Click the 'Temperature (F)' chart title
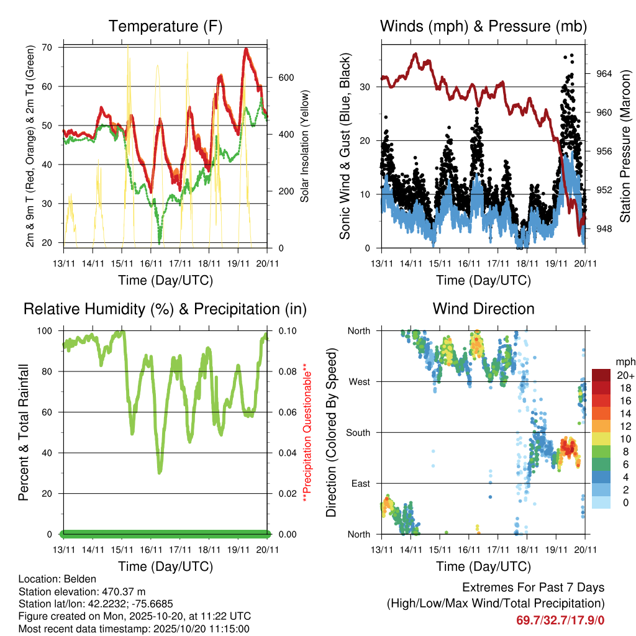coord(165,27)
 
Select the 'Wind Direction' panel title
coord(483,309)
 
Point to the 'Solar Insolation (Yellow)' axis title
coord(305,147)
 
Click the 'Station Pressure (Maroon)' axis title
coord(625,147)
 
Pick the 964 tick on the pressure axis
coord(604,74)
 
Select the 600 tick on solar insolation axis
coord(286,78)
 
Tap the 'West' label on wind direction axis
coord(359,381)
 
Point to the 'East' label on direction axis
coord(360,483)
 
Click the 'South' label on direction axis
coord(358,432)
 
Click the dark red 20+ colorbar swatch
coord(601,375)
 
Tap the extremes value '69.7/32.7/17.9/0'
coord(560,620)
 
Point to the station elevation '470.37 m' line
coord(82,591)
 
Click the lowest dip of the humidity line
coord(160,473)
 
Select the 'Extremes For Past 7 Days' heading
coord(533,588)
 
